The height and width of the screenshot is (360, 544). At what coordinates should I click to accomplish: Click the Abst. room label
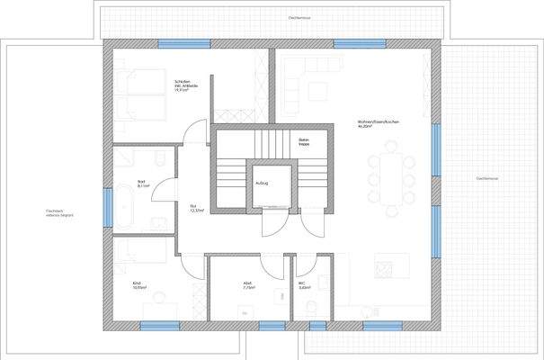click(248, 285)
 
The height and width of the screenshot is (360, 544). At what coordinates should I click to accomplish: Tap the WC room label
click(304, 286)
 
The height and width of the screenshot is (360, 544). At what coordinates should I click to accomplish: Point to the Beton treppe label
click(305, 141)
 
